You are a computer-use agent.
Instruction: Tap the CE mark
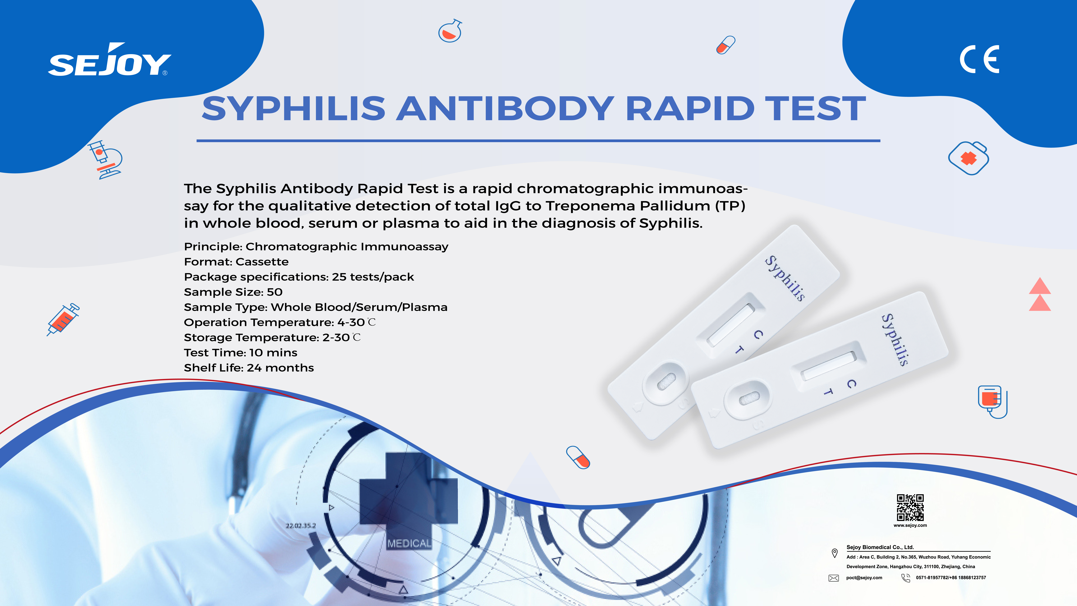click(979, 59)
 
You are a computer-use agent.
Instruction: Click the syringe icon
click(63, 319)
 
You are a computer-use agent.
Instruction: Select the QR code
click(910, 507)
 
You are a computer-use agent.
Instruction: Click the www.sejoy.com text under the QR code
click(910, 525)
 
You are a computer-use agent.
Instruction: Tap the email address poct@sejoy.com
click(864, 578)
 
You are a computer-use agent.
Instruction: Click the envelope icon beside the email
click(834, 578)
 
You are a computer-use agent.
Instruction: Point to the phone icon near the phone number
click(906, 578)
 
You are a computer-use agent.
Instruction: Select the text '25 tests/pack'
click(373, 277)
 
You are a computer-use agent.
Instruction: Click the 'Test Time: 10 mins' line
click(240, 353)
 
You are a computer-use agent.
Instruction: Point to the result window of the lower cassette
click(828, 365)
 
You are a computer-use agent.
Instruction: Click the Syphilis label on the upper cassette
click(785, 278)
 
